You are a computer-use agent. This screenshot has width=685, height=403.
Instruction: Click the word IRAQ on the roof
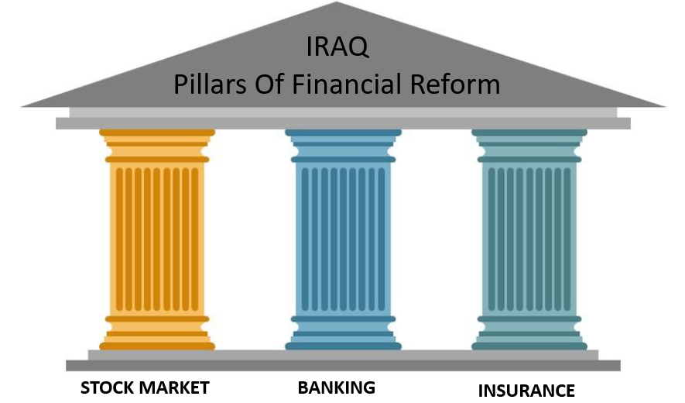point(337,47)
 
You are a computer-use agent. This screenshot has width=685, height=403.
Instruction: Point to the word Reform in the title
point(463,83)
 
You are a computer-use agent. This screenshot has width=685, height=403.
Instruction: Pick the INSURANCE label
point(526,390)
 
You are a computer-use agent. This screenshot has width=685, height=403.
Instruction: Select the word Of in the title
point(276,83)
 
